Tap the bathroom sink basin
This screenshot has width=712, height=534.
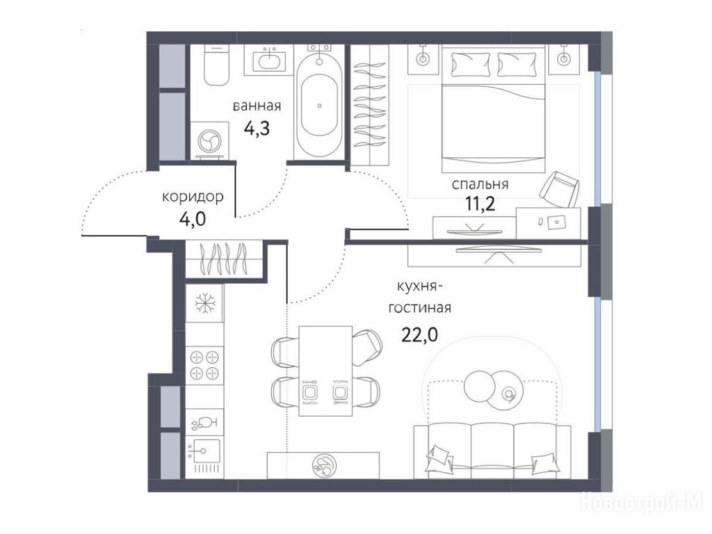(271, 61)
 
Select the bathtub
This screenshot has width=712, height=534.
(320, 106)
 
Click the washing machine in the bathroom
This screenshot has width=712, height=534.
(209, 140)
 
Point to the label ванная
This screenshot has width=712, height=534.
(257, 106)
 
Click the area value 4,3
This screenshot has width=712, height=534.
(257, 129)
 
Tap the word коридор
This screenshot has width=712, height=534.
(193, 197)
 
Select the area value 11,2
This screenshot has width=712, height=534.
(480, 205)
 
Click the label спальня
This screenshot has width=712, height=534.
(480, 185)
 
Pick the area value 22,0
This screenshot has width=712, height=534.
(419, 335)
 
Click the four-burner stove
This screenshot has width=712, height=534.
(205, 365)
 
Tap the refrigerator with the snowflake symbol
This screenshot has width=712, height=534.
(204, 303)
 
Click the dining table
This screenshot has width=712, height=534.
(325, 371)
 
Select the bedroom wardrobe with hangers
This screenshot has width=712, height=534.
(371, 106)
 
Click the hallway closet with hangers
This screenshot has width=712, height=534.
(225, 259)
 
